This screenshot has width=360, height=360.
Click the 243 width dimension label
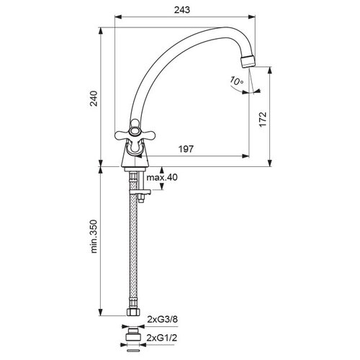[182, 10]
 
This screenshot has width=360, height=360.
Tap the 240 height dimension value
[94, 99]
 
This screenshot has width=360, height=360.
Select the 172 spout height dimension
[263, 120]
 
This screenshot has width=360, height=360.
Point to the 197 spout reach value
[186, 149]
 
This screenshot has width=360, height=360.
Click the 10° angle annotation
[237, 81]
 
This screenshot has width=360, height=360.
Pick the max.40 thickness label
[162, 177]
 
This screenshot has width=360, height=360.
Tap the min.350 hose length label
[94, 236]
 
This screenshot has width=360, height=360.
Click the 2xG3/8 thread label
[163, 320]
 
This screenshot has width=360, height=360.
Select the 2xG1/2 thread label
[162, 338]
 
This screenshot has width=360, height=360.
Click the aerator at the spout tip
[248, 61]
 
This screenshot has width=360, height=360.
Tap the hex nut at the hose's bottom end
[133, 312]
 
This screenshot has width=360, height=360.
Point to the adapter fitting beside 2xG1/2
[133, 335]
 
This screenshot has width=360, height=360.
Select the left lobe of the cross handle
[122, 135]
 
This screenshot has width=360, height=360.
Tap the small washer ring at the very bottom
[133, 351]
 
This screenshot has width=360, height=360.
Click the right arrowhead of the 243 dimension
[252, 17]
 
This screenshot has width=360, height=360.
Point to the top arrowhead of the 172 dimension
[270, 71]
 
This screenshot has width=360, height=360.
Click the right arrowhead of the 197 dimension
[246, 156]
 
